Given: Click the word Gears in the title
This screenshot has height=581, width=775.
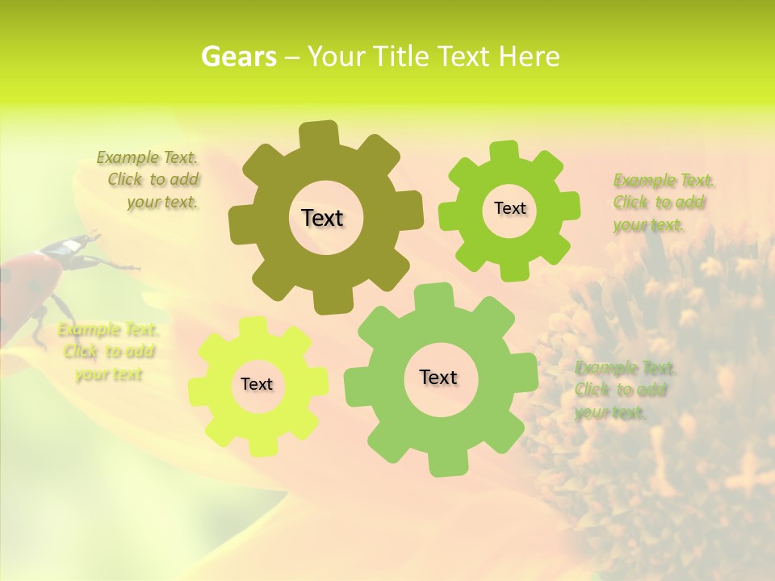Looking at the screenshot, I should [x=238, y=56].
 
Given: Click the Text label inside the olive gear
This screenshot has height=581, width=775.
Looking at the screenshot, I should [x=322, y=218].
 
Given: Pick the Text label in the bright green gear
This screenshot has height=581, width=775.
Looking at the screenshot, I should [x=509, y=208].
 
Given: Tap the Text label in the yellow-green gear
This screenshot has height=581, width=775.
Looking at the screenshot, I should [x=257, y=384].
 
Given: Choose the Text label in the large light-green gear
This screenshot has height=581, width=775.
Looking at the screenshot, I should [x=438, y=377].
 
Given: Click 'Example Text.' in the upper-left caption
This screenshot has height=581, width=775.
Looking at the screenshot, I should [x=147, y=157].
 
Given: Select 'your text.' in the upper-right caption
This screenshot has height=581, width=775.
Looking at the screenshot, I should [x=648, y=225].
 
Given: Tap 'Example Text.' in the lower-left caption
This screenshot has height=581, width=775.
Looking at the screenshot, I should [x=108, y=329].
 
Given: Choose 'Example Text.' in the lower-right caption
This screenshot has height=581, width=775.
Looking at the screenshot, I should [x=626, y=368].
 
